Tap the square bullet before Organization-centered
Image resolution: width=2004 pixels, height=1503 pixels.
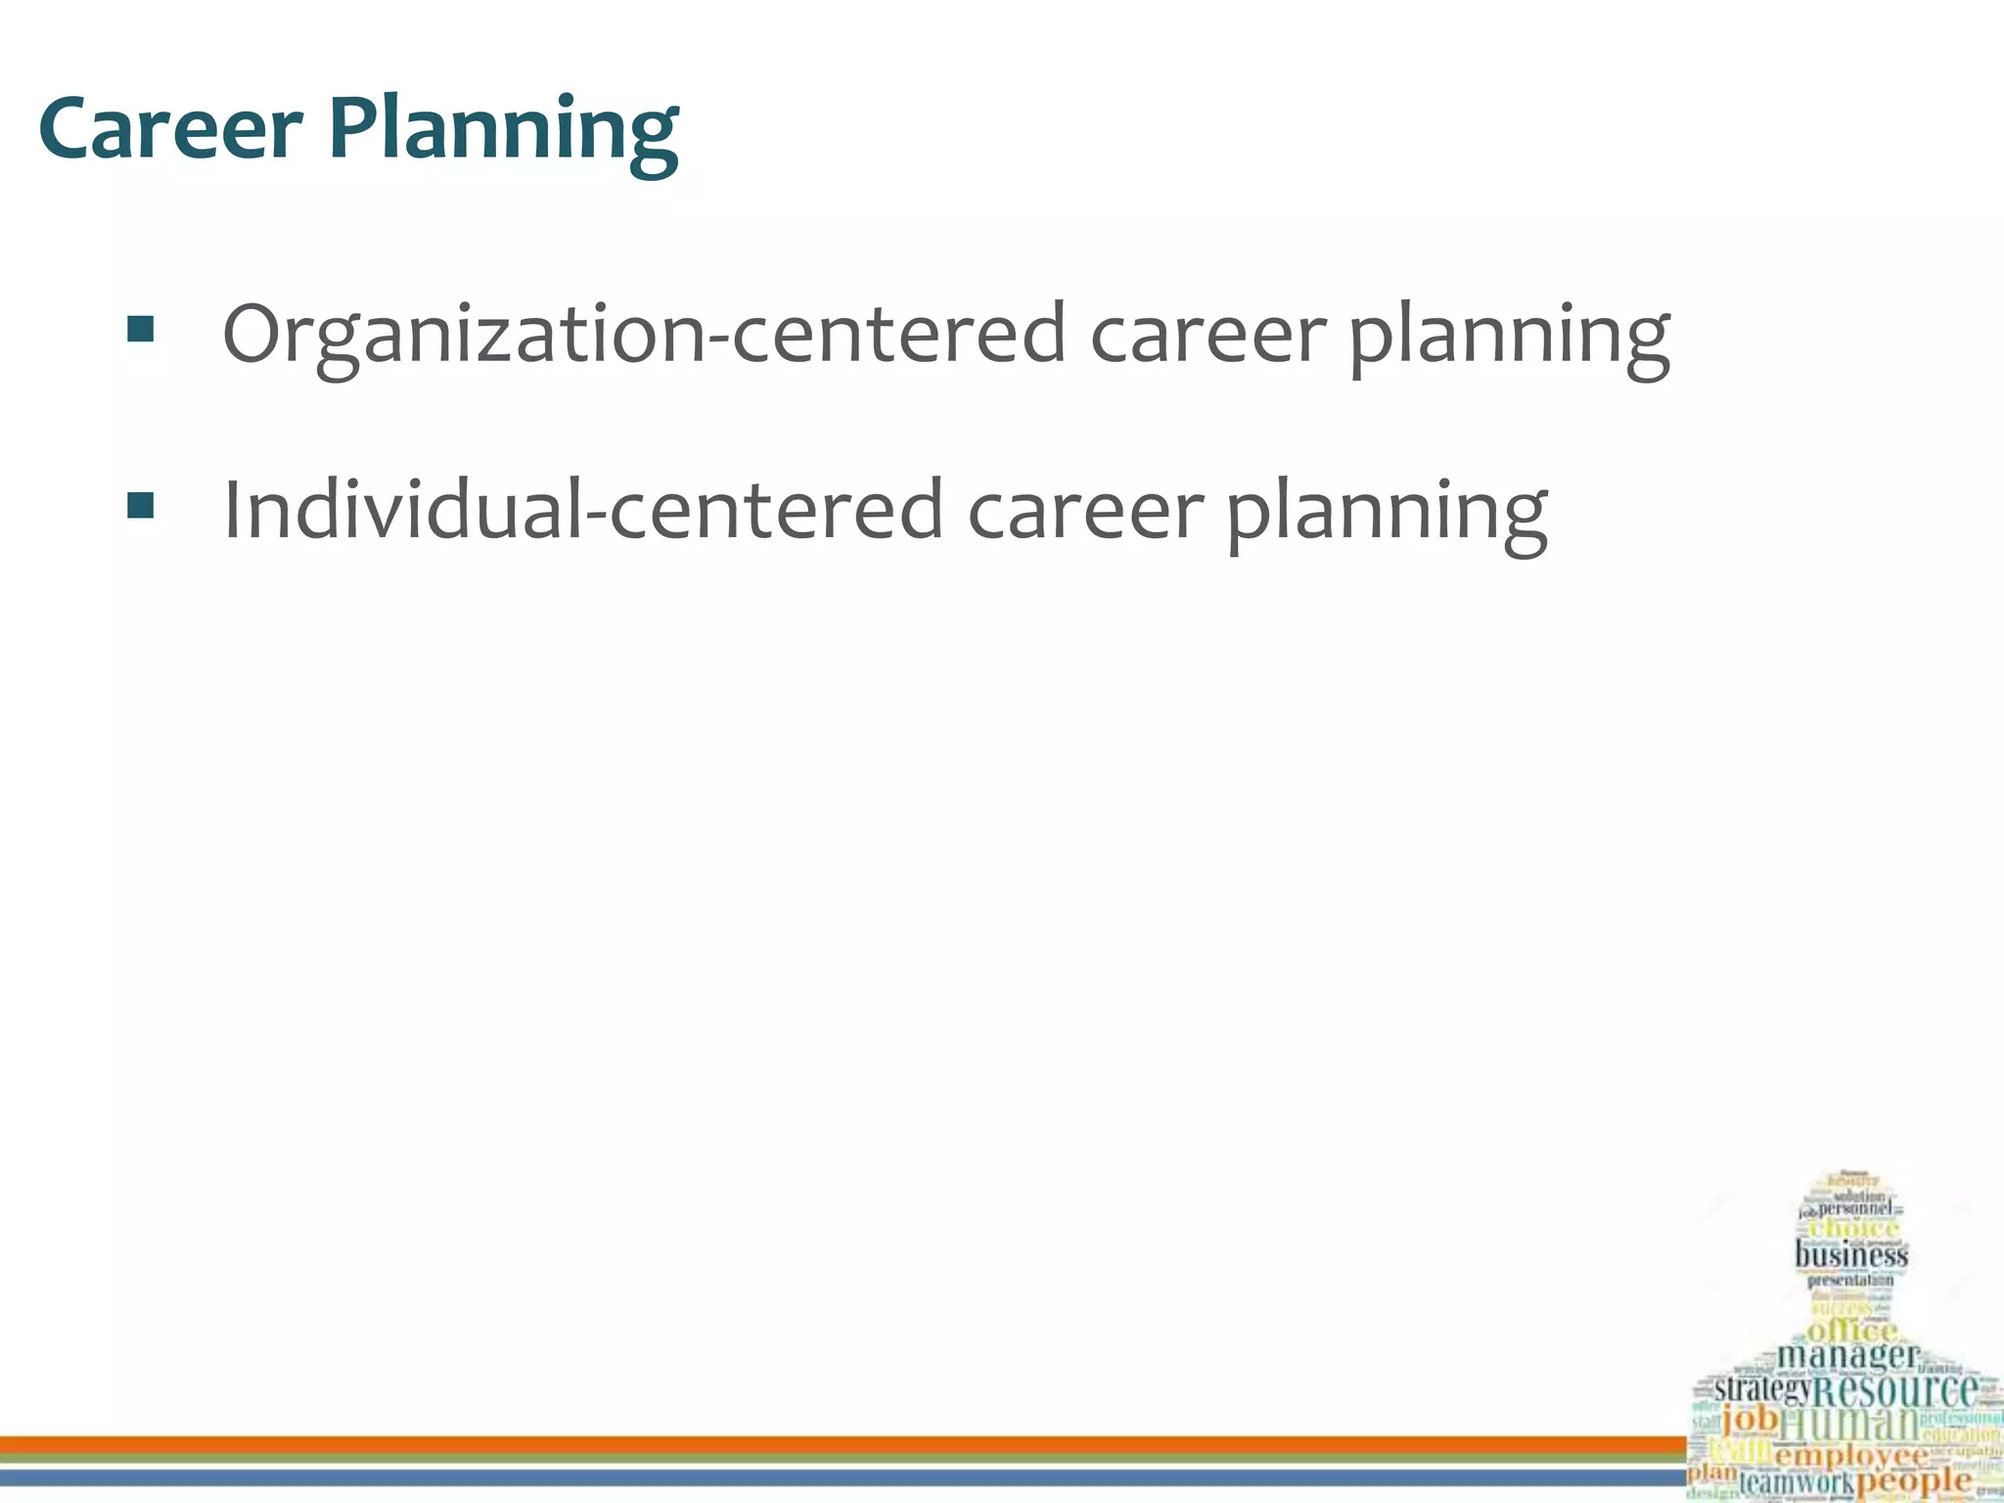pos(141,331)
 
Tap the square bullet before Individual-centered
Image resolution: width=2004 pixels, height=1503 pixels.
pos(141,506)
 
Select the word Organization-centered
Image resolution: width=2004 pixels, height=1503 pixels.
pos(644,335)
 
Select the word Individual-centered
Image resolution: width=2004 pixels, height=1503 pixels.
pos(583,510)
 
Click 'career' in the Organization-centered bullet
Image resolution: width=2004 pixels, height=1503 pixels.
pos(1207,335)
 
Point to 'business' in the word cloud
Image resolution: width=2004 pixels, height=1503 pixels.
pos(1851,1254)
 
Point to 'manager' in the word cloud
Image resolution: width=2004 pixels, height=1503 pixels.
pos(1847,1356)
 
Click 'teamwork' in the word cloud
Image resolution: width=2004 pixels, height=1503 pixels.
pos(1797,1482)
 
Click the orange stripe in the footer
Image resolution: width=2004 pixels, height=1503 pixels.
pos(842,1444)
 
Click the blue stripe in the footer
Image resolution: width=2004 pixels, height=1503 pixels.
pos(842,1477)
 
